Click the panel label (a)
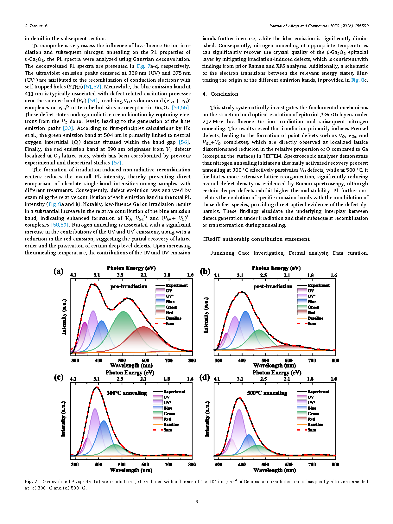point(59,271)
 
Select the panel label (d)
point(205,377)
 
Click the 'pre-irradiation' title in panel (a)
point(129,286)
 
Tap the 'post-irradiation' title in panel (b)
point(273,286)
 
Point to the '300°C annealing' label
point(127,393)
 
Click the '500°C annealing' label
point(267,393)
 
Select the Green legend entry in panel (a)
point(171,307)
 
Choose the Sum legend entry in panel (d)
point(312,430)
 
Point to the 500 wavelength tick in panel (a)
point(122,360)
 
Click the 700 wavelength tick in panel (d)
point(312,464)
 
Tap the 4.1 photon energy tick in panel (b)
point(217,275)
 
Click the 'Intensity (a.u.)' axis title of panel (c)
point(63,419)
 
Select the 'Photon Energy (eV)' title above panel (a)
point(131,268)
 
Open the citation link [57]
point(117,163)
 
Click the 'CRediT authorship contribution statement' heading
point(256,239)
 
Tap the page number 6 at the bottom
point(197,502)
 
